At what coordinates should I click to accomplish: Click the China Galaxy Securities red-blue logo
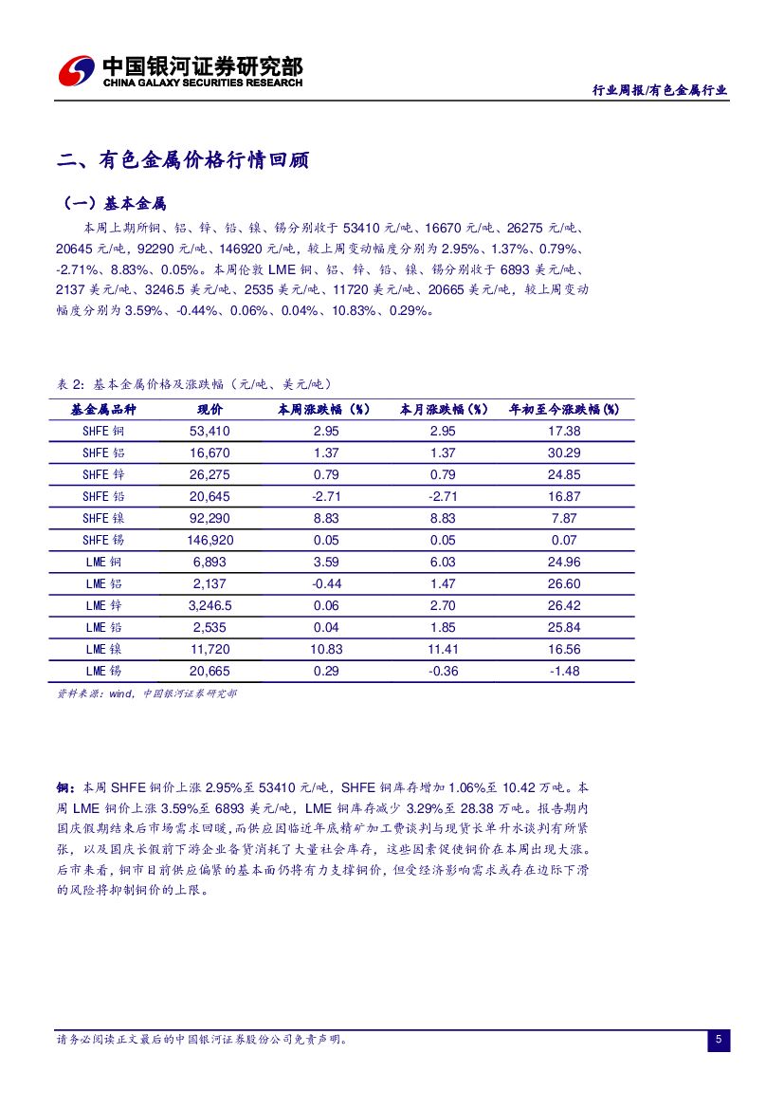pos(77,71)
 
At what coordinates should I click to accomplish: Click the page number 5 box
pos(719,1041)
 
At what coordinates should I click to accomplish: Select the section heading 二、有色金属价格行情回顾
pos(183,160)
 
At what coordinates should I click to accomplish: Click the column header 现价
pos(210,410)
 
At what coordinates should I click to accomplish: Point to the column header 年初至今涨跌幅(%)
pos(564,410)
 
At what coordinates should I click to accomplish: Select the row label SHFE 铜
pos(103,432)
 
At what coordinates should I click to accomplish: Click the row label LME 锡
pos(103,671)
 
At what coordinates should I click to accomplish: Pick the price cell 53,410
pos(210,432)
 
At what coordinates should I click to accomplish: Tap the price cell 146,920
pos(210,541)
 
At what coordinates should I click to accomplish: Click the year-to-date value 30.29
pos(564,453)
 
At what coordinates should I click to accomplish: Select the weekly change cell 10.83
pos(326,649)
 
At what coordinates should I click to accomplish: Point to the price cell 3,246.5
pos(210,605)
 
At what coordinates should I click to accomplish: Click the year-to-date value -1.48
pos(564,671)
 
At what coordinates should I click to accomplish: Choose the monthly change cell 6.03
pos(443,563)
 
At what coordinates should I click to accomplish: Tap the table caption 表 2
pos(71,384)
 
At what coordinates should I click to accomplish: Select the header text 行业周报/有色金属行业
pos(660,90)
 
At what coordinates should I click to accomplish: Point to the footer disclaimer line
pos(203,1040)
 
